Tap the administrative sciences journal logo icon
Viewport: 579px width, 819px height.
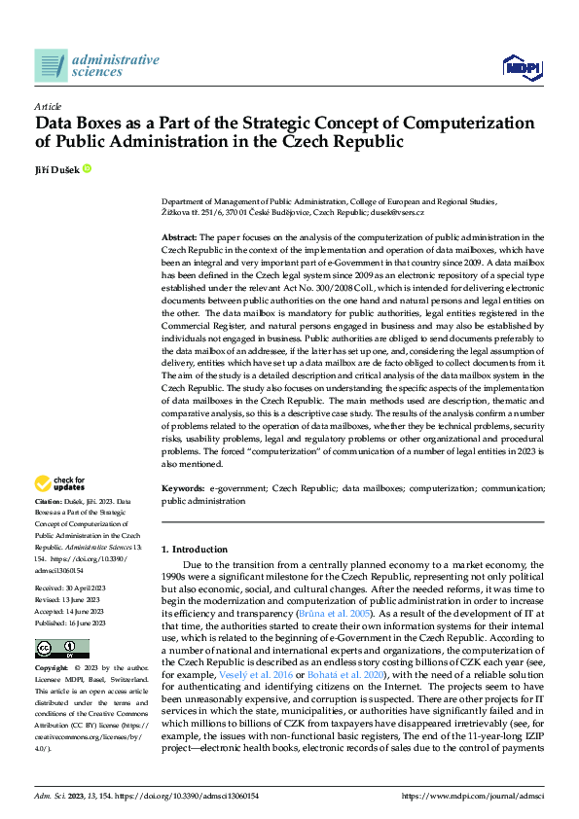pyautogui.click(x=51, y=65)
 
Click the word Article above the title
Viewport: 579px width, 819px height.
pyautogui.click(x=48, y=105)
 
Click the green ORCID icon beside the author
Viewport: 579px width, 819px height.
pyautogui.click(x=87, y=168)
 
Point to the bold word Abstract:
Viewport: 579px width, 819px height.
pyautogui.click(x=179, y=237)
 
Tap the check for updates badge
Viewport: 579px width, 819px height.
pyautogui.click(x=59, y=483)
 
